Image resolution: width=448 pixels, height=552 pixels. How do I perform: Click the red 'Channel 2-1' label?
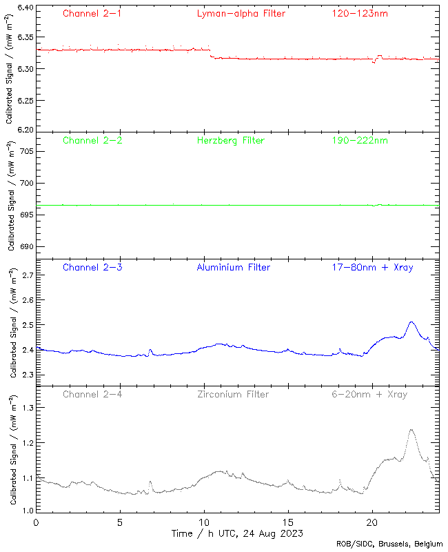click(x=92, y=13)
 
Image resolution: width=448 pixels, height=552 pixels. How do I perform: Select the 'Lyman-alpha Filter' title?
click(x=241, y=13)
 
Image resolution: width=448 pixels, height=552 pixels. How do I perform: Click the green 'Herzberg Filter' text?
click(x=231, y=141)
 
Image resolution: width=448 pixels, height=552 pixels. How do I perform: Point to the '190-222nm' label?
click(x=360, y=141)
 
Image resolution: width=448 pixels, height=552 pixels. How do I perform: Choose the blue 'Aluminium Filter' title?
click(x=234, y=268)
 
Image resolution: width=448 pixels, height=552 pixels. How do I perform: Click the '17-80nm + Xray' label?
click(x=372, y=268)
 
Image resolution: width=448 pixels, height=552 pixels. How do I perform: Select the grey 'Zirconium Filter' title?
click(x=233, y=395)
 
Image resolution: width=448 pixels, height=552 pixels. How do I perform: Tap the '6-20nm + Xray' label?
click(x=369, y=395)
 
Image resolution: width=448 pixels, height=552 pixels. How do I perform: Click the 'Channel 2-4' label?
click(x=92, y=395)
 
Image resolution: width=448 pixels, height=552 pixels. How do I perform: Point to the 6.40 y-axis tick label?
click(x=22, y=8)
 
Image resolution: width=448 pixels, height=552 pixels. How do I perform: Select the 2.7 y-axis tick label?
click(x=26, y=275)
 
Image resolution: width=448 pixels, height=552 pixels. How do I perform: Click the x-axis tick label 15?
click(x=287, y=522)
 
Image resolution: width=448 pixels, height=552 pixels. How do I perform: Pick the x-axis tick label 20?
click(x=372, y=522)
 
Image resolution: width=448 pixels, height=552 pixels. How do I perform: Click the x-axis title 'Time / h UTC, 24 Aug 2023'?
click(x=237, y=533)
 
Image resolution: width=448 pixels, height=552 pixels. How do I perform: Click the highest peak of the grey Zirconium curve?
click(x=411, y=430)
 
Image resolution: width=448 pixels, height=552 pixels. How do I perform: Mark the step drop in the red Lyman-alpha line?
click(x=211, y=54)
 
